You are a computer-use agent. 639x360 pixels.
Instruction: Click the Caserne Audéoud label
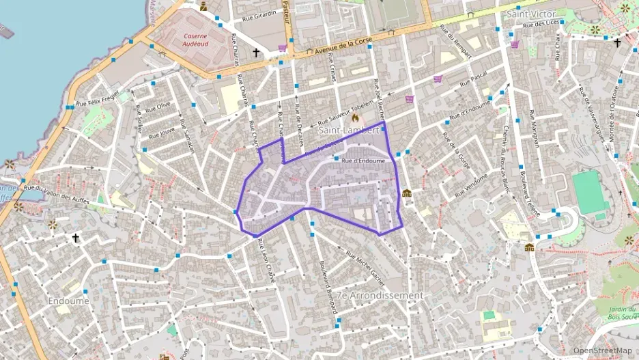pyautogui.click(x=195, y=38)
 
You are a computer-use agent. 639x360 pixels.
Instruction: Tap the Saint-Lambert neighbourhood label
pyautogui.click(x=349, y=129)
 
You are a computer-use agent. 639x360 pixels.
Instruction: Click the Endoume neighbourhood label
pyautogui.click(x=68, y=300)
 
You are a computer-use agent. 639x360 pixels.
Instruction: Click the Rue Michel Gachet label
pyautogui.click(x=365, y=268)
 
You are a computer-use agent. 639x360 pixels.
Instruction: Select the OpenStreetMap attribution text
pyautogui.click(x=603, y=350)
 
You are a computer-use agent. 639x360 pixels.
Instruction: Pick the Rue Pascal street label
pyautogui.click(x=477, y=81)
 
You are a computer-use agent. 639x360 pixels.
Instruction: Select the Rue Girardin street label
pyautogui.click(x=260, y=14)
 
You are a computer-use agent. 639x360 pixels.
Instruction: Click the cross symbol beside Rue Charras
pyautogui.click(x=257, y=52)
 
